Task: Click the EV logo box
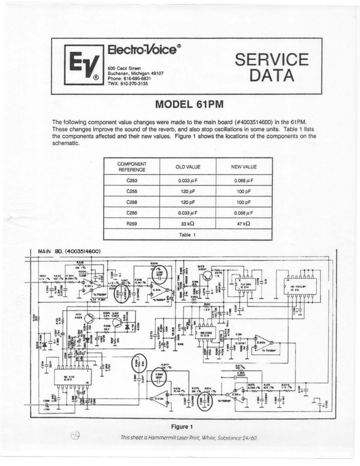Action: [x=84, y=65]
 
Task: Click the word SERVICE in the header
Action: [x=272, y=59]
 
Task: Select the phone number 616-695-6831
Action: [x=136, y=78]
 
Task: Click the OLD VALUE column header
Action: [x=187, y=167]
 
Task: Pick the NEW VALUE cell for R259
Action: [x=244, y=223]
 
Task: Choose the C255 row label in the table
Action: [x=131, y=191]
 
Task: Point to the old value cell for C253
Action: [x=187, y=180]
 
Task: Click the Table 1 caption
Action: [x=187, y=235]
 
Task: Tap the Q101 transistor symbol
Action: [x=89, y=318]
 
